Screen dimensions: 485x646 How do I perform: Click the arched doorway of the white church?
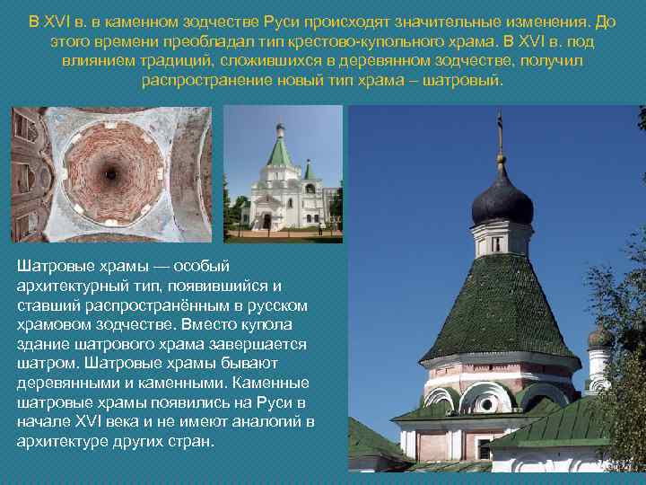tap(266, 221)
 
